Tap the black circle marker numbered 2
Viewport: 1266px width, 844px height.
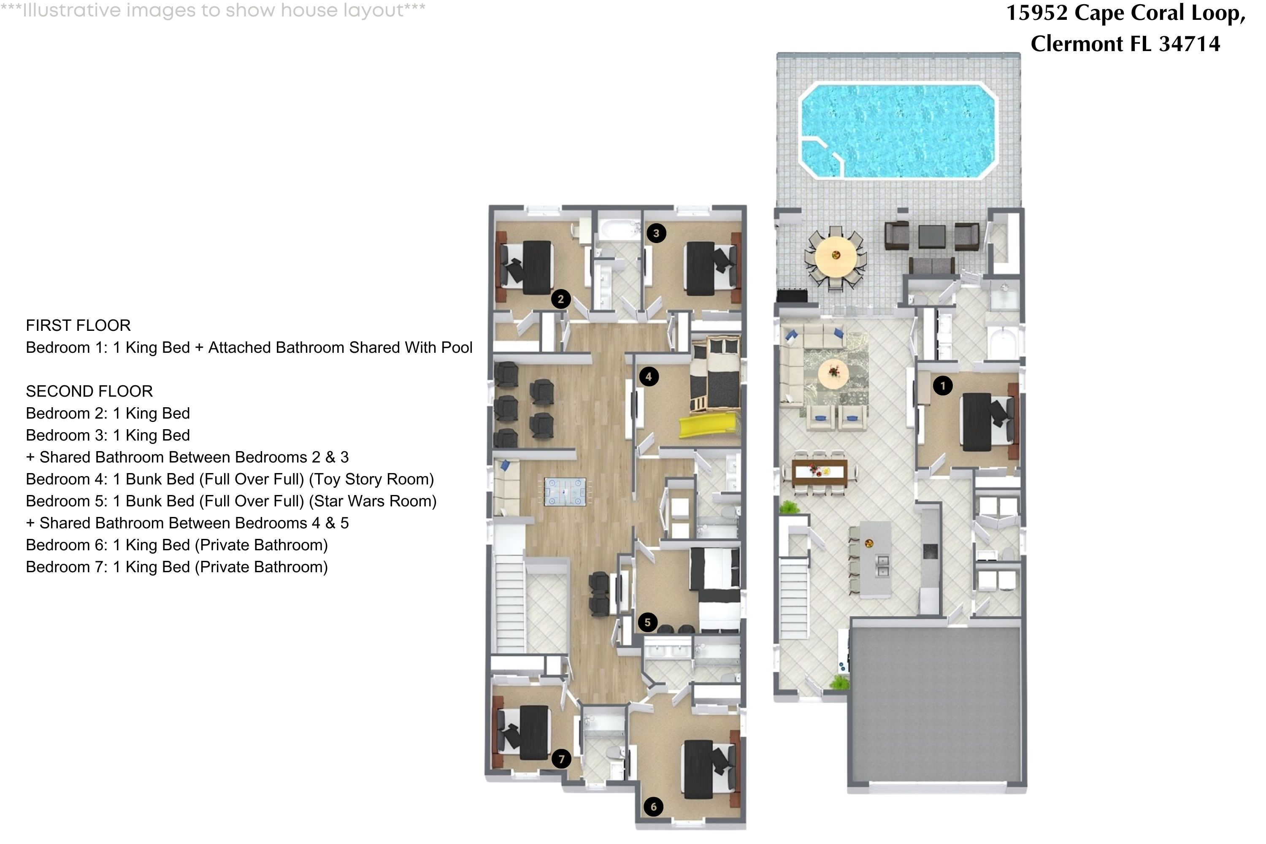560,299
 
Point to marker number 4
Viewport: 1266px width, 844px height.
648,376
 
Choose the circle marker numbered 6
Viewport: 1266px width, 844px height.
653,806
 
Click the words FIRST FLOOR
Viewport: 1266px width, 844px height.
78,326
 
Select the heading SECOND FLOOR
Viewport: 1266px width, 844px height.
89,391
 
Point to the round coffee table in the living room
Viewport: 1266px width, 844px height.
833,371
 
